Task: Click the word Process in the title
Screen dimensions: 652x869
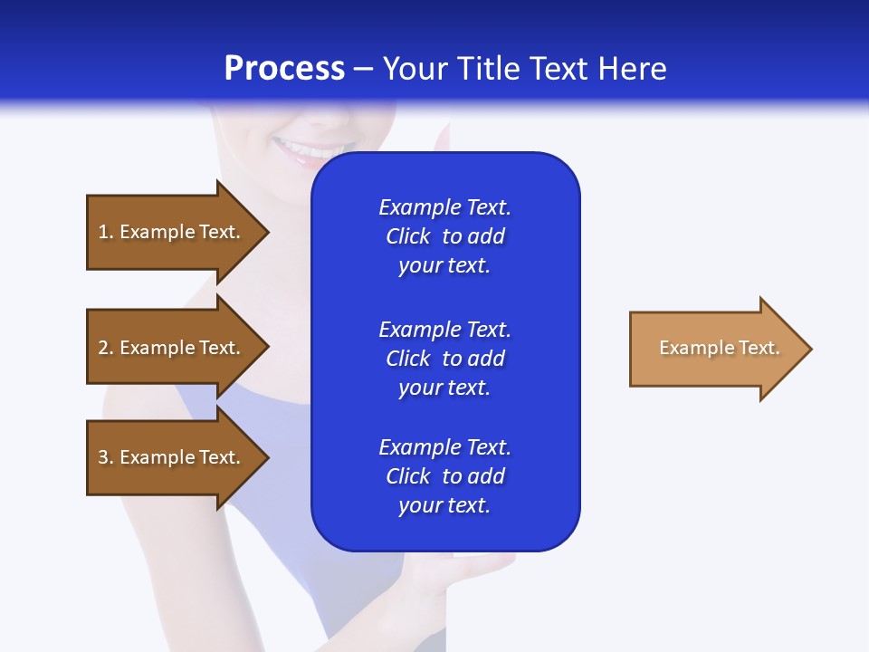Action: (x=284, y=69)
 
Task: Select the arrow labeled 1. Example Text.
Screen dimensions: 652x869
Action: (x=172, y=232)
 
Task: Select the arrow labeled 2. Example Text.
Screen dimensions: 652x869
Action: (x=172, y=348)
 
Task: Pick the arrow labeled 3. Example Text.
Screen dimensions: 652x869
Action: (x=172, y=457)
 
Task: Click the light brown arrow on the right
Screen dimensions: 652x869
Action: (x=715, y=349)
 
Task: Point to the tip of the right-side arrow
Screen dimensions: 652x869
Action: (x=810, y=349)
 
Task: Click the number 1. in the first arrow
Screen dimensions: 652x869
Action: (x=105, y=232)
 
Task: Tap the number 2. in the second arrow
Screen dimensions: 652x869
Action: (x=105, y=348)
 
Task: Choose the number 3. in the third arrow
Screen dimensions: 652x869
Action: (x=105, y=457)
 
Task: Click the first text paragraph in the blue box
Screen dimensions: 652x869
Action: (x=444, y=236)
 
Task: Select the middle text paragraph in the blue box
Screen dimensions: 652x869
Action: (x=444, y=359)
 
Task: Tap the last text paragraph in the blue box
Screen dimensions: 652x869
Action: (x=444, y=476)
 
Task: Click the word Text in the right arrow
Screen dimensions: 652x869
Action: (x=759, y=348)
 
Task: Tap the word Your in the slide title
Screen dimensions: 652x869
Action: (x=417, y=69)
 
